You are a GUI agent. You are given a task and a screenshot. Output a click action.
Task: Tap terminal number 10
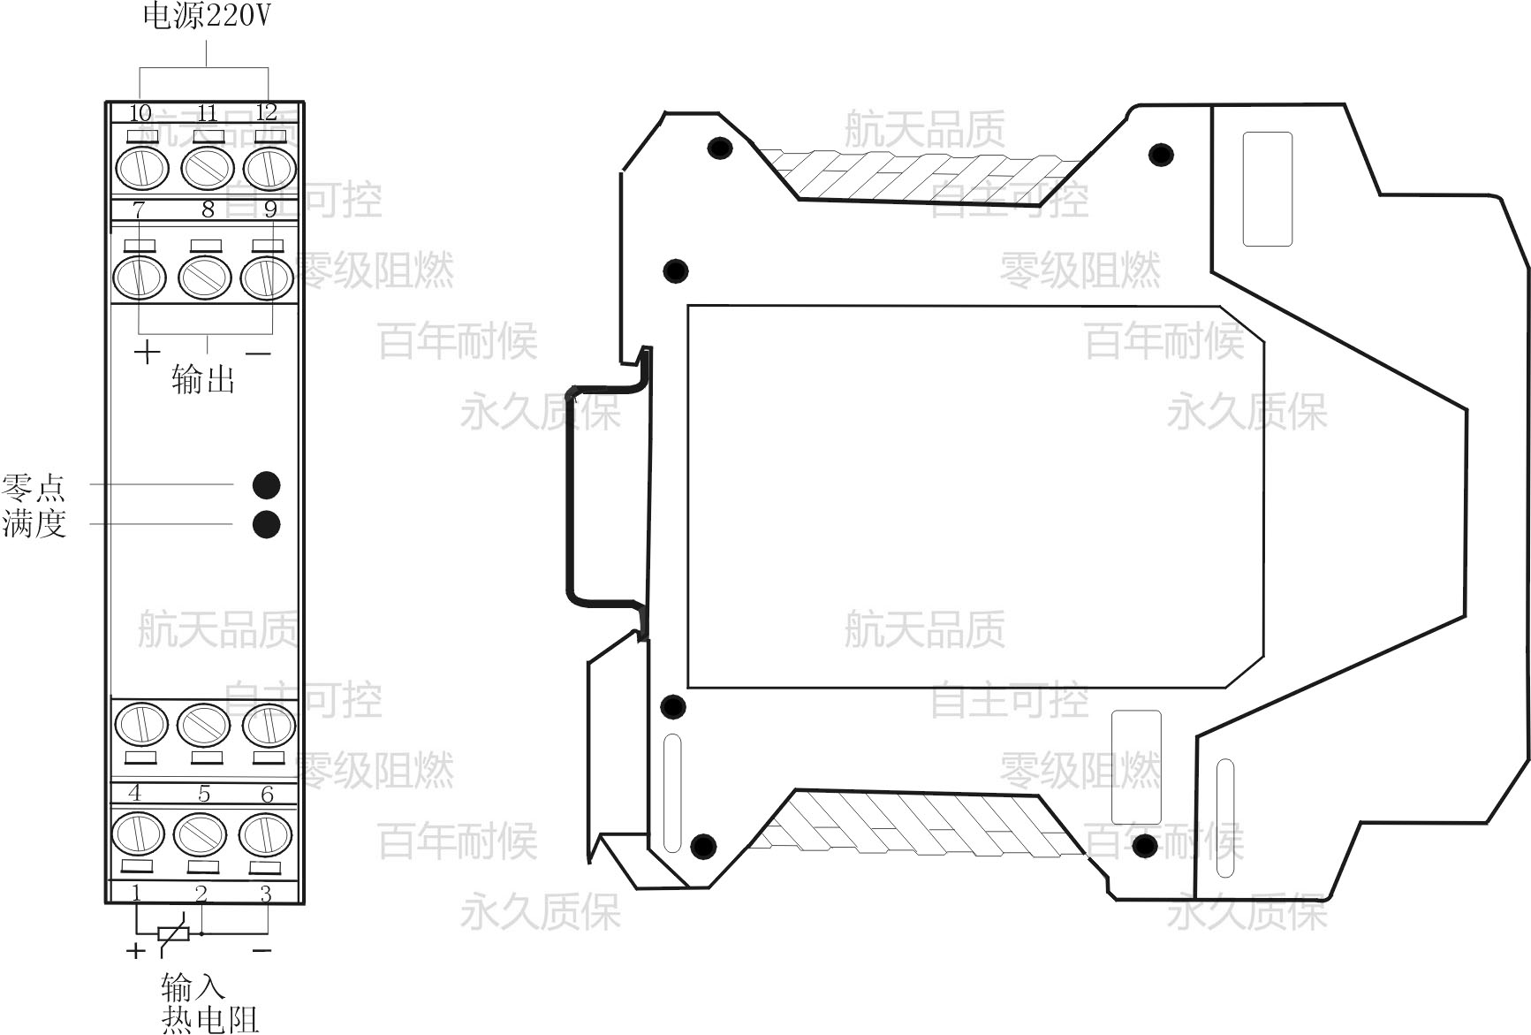140,113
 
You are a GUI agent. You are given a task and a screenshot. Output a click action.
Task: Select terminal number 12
266,112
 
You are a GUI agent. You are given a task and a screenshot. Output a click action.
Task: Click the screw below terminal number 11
208,168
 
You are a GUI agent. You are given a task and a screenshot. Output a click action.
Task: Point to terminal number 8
208,209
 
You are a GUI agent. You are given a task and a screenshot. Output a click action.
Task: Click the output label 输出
203,379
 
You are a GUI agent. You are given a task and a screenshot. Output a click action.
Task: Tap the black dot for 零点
266,485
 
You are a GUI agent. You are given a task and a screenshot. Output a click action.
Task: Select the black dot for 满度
266,524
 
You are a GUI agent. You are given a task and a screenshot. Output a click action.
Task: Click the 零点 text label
34,487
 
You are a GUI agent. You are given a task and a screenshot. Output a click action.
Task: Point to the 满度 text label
34,523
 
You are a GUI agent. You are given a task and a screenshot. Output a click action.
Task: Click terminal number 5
204,794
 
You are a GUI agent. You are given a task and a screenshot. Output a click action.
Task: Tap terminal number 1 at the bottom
136,892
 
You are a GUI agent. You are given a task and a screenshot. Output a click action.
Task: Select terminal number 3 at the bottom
266,894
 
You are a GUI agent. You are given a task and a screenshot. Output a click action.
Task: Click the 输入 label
193,986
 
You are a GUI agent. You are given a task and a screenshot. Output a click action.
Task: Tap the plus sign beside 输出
147,353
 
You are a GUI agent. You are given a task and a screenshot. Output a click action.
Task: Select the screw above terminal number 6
269,725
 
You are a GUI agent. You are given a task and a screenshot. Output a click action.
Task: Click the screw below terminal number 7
140,277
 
